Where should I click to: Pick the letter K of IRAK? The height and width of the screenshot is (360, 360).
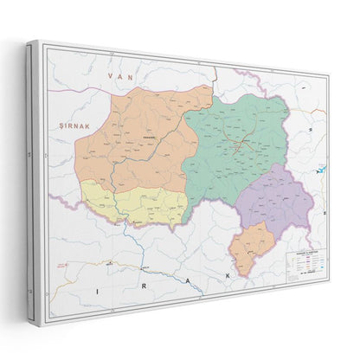click(x=228, y=275)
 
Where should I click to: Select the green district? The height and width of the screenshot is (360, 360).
click(x=238, y=143)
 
